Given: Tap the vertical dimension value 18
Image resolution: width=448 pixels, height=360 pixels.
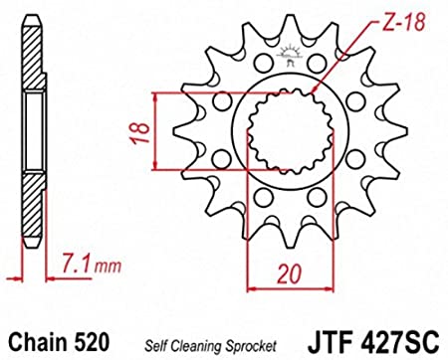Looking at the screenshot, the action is pyautogui.click(x=139, y=132).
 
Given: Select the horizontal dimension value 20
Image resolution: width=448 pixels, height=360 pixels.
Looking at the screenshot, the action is pyautogui.click(x=290, y=274).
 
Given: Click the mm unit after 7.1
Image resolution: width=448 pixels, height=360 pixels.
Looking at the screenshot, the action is pyautogui.click(x=108, y=267).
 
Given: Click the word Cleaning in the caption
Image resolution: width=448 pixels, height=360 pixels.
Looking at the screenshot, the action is pyautogui.click(x=199, y=346).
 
